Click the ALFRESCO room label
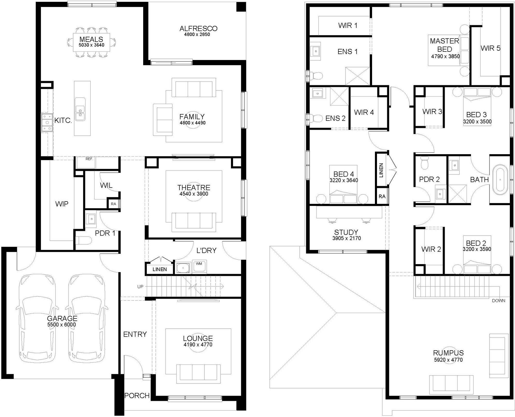click(x=198, y=28)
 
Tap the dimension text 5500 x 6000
click(x=62, y=325)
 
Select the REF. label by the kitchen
click(x=89, y=159)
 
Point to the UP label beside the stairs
click(x=140, y=286)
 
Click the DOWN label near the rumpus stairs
click(x=499, y=301)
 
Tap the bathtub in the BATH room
click(x=500, y=180)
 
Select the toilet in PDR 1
click(x=84, y=241)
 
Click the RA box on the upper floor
click(x=382, y=196)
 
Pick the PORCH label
click(x=137, y=395)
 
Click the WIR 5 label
click(x=490, y=48)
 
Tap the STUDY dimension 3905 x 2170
click(x=346, y=238)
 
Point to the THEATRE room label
click(x=194, y=187)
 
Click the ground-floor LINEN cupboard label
click(x=159, y=269)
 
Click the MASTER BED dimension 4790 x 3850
click(x=445, y=56)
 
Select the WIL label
click(x=106, y=185)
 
